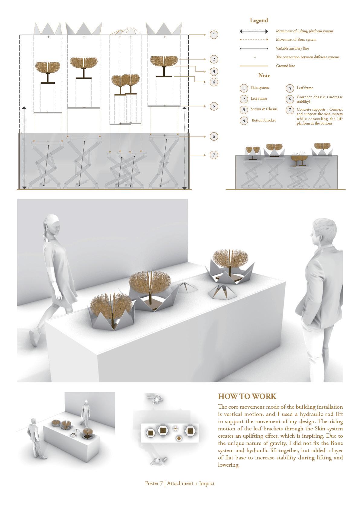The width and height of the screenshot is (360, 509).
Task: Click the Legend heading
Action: click(x=259, y=20)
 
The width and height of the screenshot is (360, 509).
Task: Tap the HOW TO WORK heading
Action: click(x=247, y=396)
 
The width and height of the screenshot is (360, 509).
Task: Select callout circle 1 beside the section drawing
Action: click(x=213, y=35)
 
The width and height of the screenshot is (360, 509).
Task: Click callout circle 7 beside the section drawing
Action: click(x=213, y=155)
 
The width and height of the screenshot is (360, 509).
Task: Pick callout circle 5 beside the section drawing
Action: click(x=213, y=106)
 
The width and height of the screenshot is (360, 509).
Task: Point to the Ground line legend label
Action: click(x=285, y=66)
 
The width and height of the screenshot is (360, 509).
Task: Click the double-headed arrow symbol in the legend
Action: click(x=254, y=31)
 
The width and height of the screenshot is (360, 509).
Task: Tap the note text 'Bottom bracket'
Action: click(x=264, y=120)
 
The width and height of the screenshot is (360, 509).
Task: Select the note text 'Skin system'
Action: click(x=260, y=88)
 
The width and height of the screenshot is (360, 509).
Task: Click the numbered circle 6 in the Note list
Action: click(x=290, y=99)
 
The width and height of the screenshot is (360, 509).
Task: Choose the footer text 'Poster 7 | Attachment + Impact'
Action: click(x=180, y=483)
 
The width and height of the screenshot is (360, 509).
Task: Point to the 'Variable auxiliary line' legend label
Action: click(x=292, y=48)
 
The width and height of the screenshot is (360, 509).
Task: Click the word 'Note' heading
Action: click(x=264, y=76)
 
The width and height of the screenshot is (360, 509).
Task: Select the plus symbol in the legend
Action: click(x=255, y=57)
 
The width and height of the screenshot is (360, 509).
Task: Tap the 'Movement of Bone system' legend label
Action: click(x=296, y=40)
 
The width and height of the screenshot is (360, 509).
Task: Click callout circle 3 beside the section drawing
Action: click(x=213, y=72)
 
